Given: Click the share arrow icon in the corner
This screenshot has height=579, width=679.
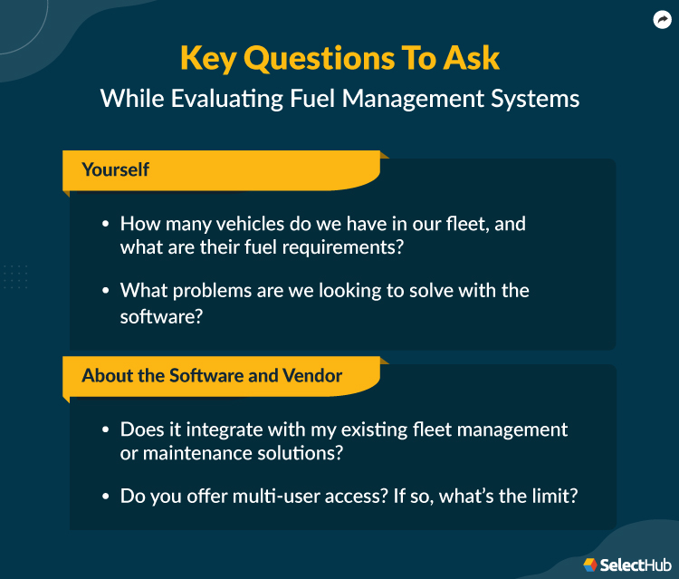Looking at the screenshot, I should pos(661,19).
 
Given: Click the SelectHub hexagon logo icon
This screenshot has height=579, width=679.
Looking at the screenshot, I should pos(590,565).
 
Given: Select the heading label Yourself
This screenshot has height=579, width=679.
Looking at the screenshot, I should pos(115,169).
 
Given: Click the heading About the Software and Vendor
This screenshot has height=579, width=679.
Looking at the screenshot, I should pos(212,375).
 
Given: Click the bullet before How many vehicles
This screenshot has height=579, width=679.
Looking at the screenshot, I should pos(105,224).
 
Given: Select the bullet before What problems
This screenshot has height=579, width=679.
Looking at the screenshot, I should pos(105,291).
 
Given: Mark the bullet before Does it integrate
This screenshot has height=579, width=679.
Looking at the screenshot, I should pos(105,429).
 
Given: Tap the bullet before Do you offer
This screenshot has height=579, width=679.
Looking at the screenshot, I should pos(105,497).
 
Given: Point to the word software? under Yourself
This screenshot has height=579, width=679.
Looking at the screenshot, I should pos(158,316).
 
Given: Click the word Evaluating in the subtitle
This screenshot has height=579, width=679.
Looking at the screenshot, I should pos(209,97).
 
